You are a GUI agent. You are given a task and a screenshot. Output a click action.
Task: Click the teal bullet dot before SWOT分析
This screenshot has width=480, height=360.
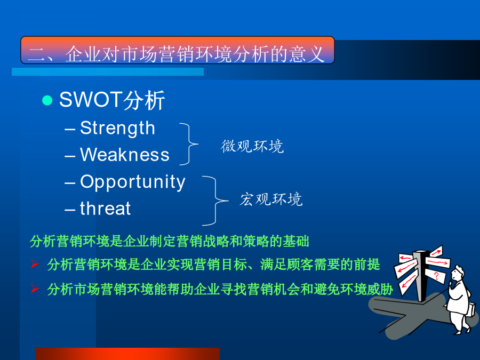[x=47, y=100]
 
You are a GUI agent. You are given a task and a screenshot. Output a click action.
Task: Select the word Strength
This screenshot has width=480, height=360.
[x=117, y=128]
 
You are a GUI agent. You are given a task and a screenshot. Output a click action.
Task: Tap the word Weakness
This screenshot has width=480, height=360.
[x=125, y=154]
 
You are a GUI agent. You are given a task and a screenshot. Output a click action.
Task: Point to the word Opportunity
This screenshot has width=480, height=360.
[x=133, y=182]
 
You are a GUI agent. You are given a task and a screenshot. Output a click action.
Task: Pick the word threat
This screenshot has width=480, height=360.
[x=105, y=208]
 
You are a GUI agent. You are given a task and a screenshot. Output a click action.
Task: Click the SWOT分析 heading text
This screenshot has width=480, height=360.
[x=112, y=100]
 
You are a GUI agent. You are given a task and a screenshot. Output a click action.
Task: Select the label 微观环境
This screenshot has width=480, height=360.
[x=252, y=146]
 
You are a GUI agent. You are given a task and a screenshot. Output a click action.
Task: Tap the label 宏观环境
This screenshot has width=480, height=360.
[x=271, y=199]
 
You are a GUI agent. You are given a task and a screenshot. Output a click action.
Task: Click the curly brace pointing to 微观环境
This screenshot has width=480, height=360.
[x=189, y=144]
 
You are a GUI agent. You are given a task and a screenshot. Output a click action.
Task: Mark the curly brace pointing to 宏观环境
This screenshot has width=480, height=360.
[x=216, y=201]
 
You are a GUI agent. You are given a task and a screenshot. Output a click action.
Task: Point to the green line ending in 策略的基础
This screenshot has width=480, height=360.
[x=169, y=241]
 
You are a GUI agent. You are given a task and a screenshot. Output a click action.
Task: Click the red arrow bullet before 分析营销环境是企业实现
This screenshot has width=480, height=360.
[x=35, y=263]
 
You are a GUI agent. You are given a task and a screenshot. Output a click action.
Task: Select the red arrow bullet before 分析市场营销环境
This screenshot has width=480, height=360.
[x=35, y=289]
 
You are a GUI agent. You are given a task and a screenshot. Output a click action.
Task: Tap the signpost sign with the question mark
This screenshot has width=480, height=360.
[x=435, y=276]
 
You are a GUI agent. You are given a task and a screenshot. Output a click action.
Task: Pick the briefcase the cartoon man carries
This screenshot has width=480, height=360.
[x=471, y=310]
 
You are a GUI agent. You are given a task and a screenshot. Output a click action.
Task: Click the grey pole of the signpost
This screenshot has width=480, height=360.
[x=419, y=276]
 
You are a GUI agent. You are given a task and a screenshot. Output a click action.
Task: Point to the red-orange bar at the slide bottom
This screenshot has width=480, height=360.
[x=127, y=354]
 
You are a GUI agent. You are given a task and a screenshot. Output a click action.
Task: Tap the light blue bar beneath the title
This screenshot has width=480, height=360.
[x=107, y=71]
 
